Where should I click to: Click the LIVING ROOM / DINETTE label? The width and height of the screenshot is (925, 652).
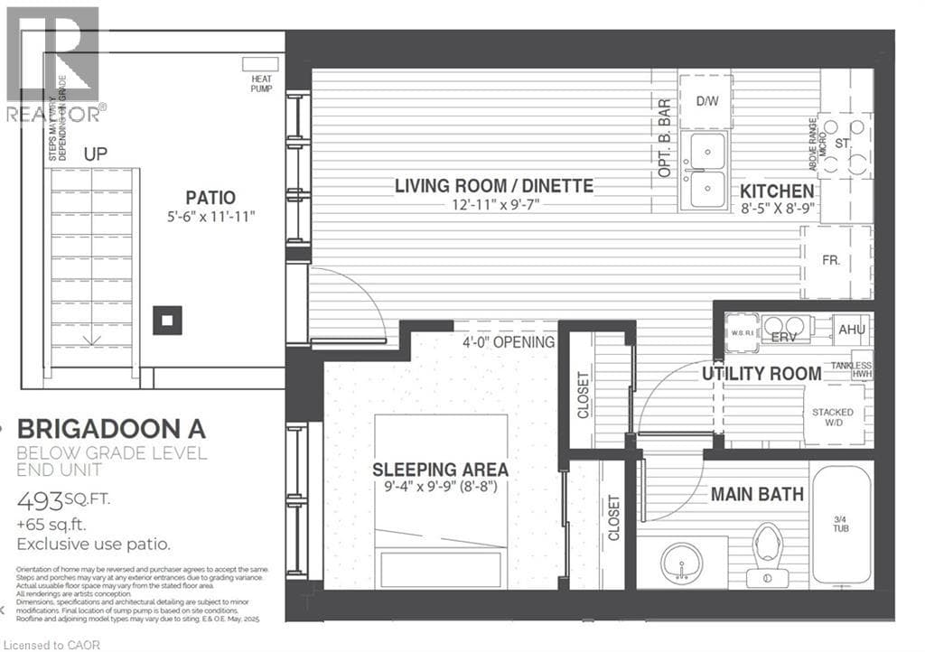(x=493, y=186)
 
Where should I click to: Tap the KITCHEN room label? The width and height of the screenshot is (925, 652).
(x=777, y=191)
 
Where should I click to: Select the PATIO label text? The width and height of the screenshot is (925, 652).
(x=210, y=197)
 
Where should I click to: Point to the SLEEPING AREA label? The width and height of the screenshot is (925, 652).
(x=441, y=470)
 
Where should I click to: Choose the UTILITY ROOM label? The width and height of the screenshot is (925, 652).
(x=761, y=373)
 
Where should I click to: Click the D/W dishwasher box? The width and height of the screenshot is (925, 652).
(x=705, y=101)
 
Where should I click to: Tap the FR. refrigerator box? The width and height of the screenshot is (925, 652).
(x=831, y=261)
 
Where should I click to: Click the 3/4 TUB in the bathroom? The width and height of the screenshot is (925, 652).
(x=840, y=524)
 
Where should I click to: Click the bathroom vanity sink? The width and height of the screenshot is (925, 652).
(x=682, y=564)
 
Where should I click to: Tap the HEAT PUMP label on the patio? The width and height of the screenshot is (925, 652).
(x=261, y=84)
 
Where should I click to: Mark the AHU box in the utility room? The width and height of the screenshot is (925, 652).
(x=851, y=330)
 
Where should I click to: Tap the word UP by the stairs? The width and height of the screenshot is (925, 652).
(x=96, y=154)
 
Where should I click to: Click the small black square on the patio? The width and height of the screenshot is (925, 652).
(x=167, y=320)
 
